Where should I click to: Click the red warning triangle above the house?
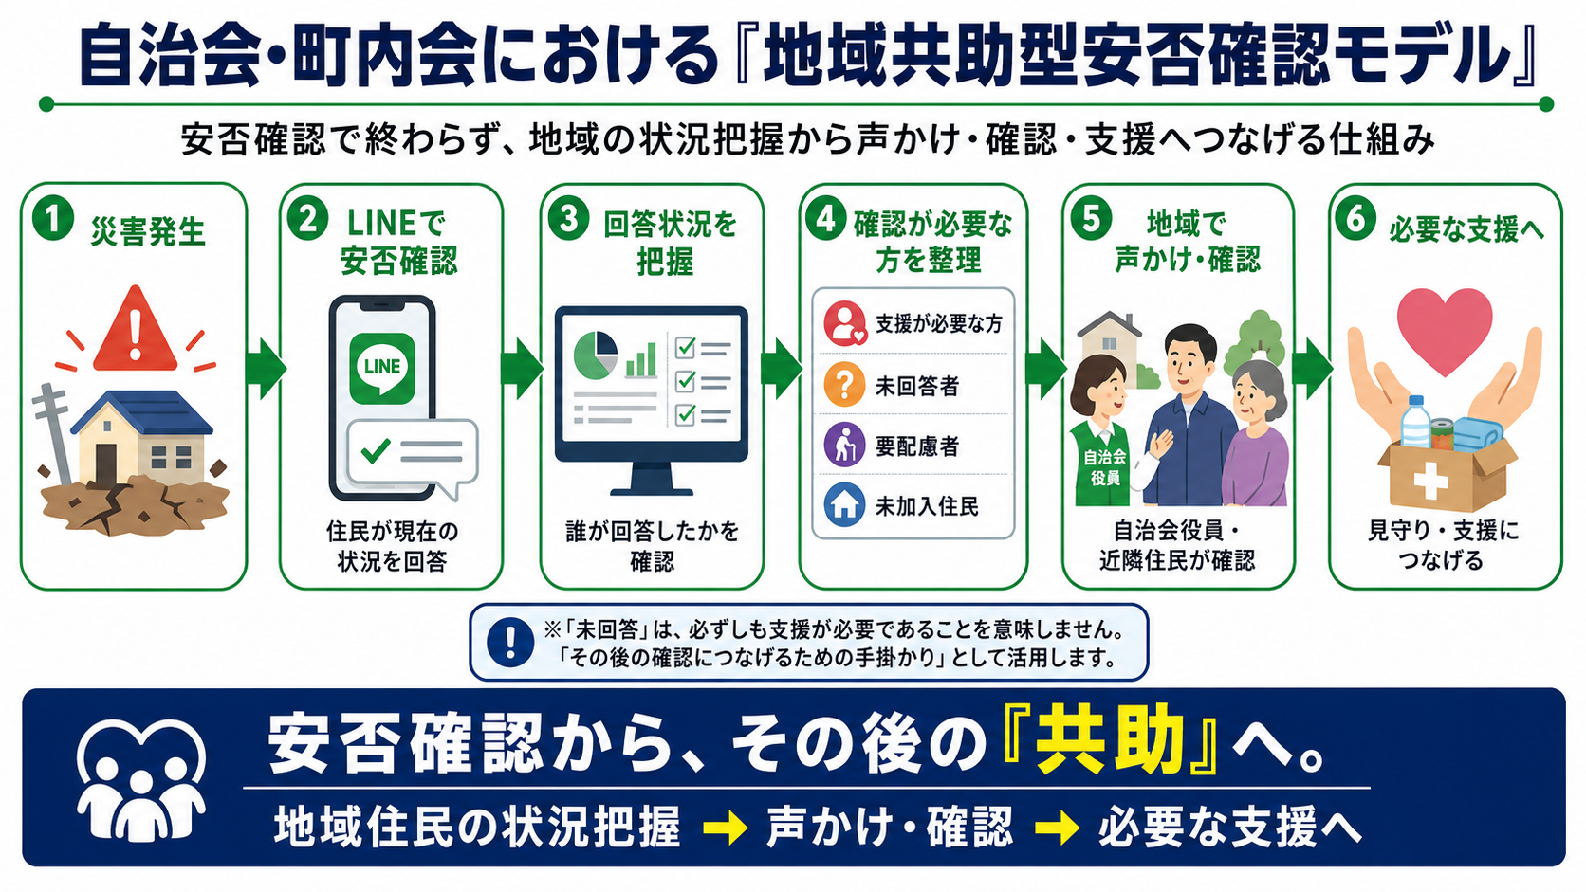136,330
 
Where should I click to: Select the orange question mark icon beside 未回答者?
844,384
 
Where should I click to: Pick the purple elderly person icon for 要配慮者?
844,445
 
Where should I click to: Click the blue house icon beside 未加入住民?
844,505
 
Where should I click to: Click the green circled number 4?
825,220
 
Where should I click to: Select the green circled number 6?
1355,219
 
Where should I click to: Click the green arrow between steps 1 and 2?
266,369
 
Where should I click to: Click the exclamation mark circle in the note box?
510,643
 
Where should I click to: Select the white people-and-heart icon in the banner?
141,779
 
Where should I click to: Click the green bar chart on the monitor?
641,360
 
